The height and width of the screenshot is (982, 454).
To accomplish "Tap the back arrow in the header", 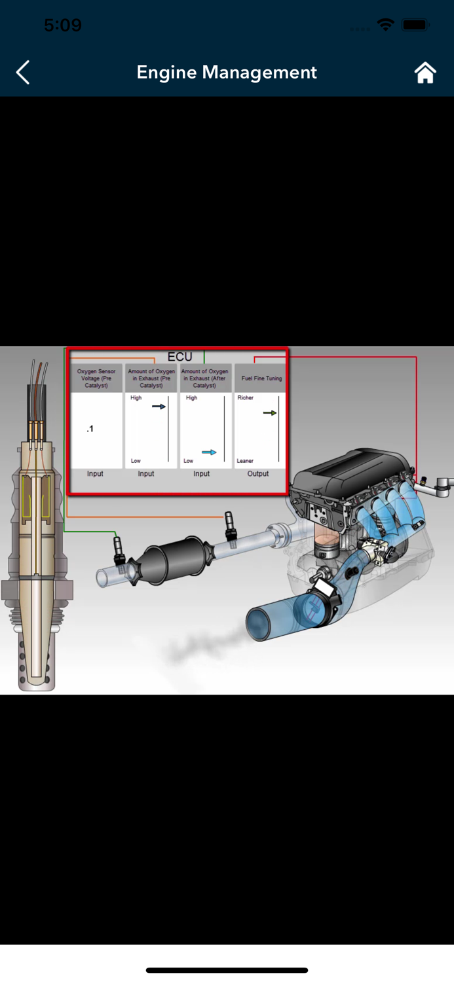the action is pos(23,72).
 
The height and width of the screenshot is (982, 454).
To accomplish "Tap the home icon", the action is pos(425,72).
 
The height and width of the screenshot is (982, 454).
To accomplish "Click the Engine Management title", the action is pos(226,72).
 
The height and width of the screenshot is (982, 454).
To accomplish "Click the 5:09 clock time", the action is pos(63,25).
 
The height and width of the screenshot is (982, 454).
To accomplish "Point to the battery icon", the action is pos(415,25).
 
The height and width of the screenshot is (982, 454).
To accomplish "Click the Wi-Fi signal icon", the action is pos(386,25).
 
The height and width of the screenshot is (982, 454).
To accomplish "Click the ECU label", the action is pos(180,357).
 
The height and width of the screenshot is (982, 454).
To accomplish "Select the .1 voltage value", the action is pos(90,429).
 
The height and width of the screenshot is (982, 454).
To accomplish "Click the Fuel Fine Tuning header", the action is pos(261,378).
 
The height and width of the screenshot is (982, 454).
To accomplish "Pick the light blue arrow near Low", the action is pos(209,452).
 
